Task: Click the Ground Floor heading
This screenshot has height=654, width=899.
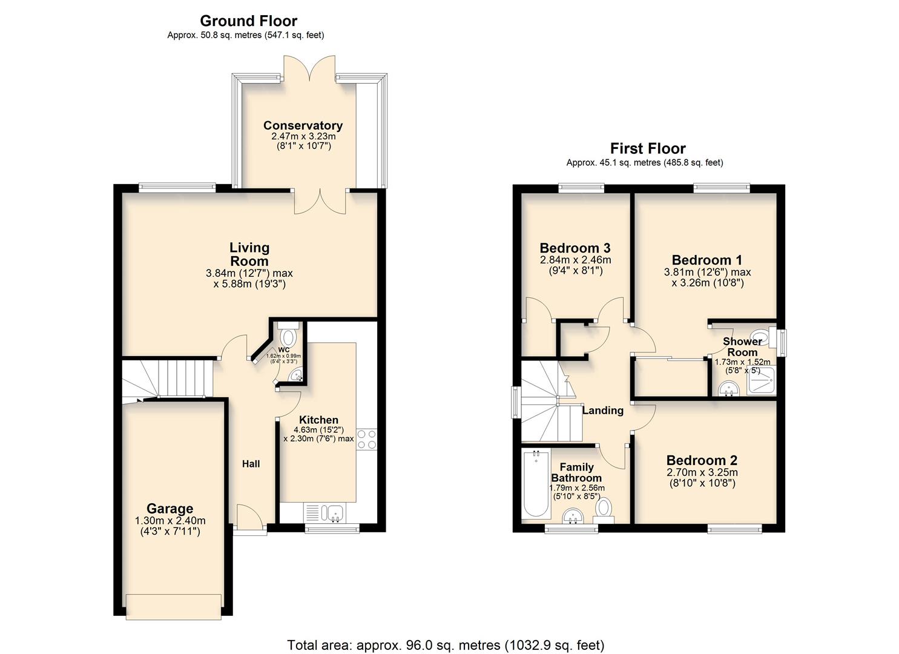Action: [x=248, y=21]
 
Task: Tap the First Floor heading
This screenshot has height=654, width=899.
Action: [x=648, y=148]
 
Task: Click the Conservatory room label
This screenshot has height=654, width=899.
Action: [x=303, y=125]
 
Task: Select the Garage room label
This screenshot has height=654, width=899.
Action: [x=170, y=509]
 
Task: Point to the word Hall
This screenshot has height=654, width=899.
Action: [x=251, y=464]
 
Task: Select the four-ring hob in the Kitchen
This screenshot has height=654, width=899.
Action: [x=366, y=439]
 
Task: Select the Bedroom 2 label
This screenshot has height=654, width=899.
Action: [x=702, y=461]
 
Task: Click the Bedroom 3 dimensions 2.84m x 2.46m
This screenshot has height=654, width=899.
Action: [x=575, y=260]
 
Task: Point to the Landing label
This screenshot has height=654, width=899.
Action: [x=602, y=411]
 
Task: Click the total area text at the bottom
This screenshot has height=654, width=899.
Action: [x=445, y=645]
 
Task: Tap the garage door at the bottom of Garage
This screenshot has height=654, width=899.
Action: [x=173, y=606]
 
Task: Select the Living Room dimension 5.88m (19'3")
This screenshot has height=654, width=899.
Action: [x=249, y=283]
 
